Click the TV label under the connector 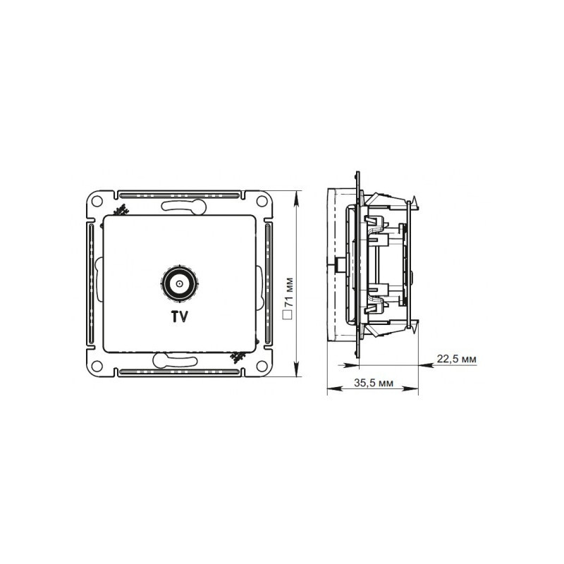coord(179,317)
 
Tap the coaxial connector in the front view coord(179,285)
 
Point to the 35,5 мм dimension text coord(372,384)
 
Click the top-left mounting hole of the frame coord(97,202)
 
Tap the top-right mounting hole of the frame coord(262,202)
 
